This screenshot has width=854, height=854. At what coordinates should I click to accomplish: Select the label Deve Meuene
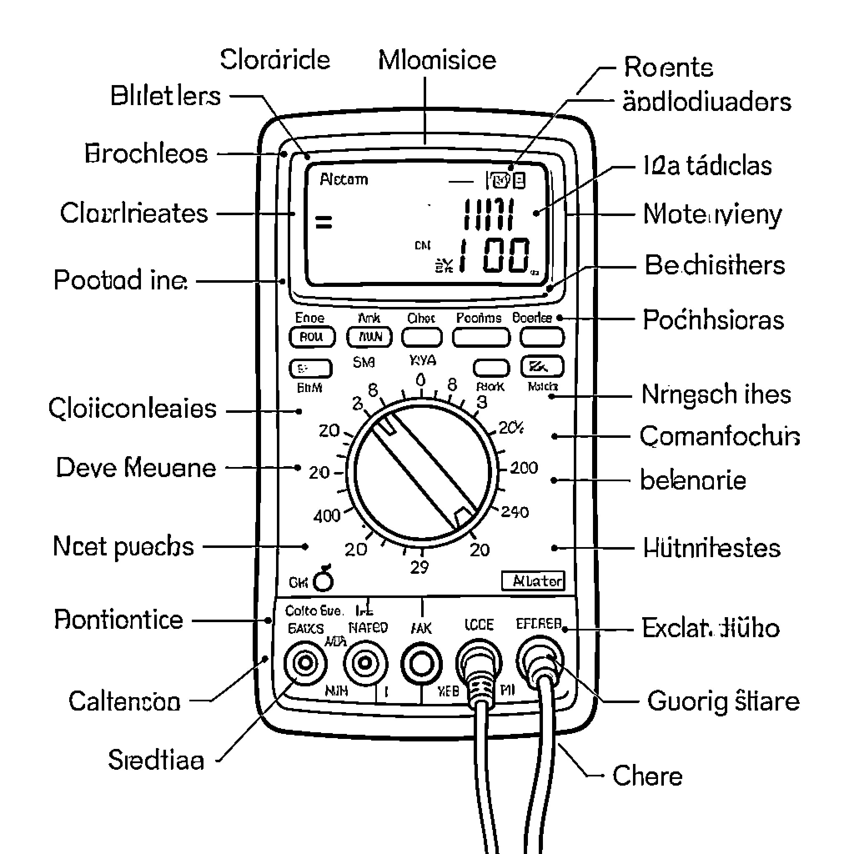136,468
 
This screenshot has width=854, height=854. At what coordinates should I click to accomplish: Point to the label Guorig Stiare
723,701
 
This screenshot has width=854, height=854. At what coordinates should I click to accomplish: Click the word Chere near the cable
647,776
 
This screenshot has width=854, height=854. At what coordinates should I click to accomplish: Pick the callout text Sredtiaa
156,760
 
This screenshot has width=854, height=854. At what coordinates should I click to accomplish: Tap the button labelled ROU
312,337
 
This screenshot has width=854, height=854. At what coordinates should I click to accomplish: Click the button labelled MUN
369,337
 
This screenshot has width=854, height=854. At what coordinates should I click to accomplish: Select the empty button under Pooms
481,338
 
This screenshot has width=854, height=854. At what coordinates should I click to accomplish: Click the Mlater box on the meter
533,581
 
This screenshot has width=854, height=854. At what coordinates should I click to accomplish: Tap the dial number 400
327,516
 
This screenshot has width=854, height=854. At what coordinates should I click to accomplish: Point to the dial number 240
515,512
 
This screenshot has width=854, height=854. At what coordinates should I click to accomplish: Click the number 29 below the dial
419,567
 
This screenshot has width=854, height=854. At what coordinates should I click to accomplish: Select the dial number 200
524,468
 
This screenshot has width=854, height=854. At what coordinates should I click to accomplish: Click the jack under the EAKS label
305,663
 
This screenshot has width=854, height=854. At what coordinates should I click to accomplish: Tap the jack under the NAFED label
366,663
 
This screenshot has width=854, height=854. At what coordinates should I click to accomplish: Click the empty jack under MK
421,664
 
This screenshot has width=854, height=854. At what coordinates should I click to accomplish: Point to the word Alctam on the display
344,179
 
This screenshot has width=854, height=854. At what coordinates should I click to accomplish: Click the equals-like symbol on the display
324,222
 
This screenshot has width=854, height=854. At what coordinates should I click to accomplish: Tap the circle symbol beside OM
323,582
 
